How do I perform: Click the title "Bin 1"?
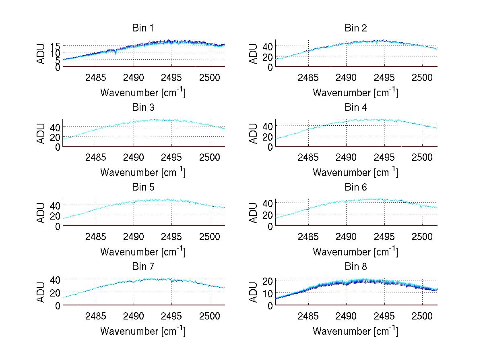point(143,28)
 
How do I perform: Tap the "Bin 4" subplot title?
point(356,108)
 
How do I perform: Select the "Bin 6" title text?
point(356,187)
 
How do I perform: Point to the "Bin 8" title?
point(356,267)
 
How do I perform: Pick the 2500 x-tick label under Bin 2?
point(422,77)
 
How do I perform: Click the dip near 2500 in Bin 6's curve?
point(421,207)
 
